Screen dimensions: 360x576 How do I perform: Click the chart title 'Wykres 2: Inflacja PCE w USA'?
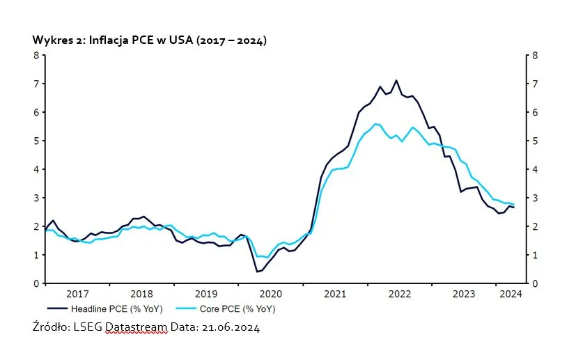[x=149, y=40]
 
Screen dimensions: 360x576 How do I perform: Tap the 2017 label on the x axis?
[x=77, y=294]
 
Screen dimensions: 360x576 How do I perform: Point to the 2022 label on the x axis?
[x=400, y=294]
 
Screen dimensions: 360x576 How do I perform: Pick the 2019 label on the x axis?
[x=206, y=294]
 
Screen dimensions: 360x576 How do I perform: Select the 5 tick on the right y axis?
[x=534, y=141]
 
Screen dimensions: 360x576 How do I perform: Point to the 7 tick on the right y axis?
[x=534, y=84]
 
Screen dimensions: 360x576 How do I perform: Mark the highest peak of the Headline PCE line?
[x=396, y=80]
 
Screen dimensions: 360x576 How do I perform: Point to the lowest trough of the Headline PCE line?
[x=257, y=272]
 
